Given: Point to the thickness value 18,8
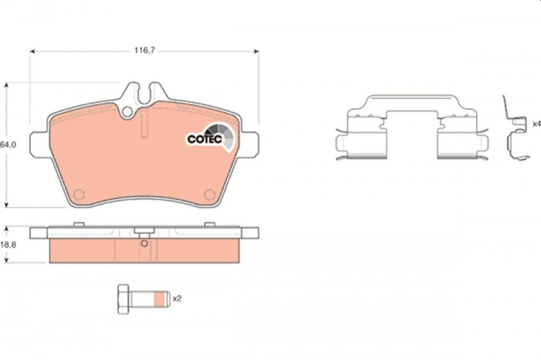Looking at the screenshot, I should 8,244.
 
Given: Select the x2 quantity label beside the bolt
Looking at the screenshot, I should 176,297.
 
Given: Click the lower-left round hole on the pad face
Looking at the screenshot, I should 78,193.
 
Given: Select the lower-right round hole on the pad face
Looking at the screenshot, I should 206,193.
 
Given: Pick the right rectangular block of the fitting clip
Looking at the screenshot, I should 456,141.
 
